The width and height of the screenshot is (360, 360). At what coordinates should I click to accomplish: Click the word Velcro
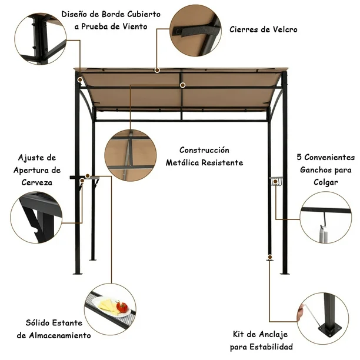tap(285, 29)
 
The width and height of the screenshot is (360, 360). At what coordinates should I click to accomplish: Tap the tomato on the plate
tap(122, 306)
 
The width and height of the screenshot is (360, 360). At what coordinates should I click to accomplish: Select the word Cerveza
tap(36, 182)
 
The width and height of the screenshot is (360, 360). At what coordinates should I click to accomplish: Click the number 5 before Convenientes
tap(299, 157)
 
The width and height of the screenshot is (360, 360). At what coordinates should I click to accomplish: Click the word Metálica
tap(182, 162)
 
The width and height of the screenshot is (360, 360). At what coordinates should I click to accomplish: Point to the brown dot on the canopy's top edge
tap(157, 70)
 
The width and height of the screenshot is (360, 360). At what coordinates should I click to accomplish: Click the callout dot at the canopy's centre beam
tap(182, 85)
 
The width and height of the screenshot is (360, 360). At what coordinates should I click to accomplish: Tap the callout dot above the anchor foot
tap(270, 257)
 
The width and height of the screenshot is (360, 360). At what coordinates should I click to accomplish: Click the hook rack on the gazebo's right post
tap(276, 181)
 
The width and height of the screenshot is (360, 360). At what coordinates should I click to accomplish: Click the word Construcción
tap(204, 150)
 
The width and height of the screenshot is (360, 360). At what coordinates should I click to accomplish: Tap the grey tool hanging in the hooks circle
tap(324, 234)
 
